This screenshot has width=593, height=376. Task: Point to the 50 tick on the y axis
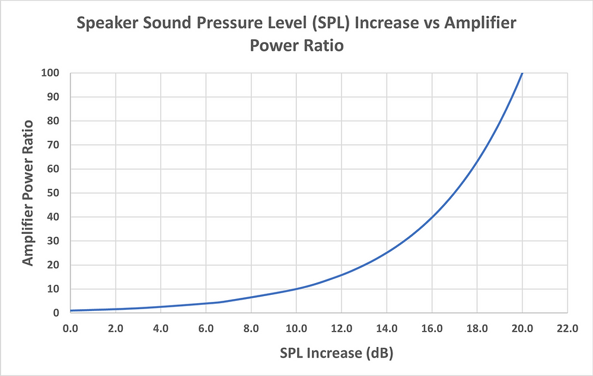[x=55, y=193]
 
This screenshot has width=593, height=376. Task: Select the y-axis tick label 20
[x=55, y=265]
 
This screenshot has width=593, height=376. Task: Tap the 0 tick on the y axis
[x=57, y=313]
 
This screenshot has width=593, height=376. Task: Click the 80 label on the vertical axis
[x=55, y=121]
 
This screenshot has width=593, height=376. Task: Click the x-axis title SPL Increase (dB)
[x=337, y=354]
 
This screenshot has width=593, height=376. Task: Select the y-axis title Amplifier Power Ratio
[x=29, y=193]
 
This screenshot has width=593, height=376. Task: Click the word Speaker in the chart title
[x=107, y=25]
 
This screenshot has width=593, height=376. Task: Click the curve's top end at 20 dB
[x=522, y=73]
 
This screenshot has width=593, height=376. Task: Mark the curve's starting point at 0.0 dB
[x=70, y=310]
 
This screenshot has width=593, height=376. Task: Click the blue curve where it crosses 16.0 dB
[x=432, y=217]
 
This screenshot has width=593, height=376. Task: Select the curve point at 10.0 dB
[x=296, y=289]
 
